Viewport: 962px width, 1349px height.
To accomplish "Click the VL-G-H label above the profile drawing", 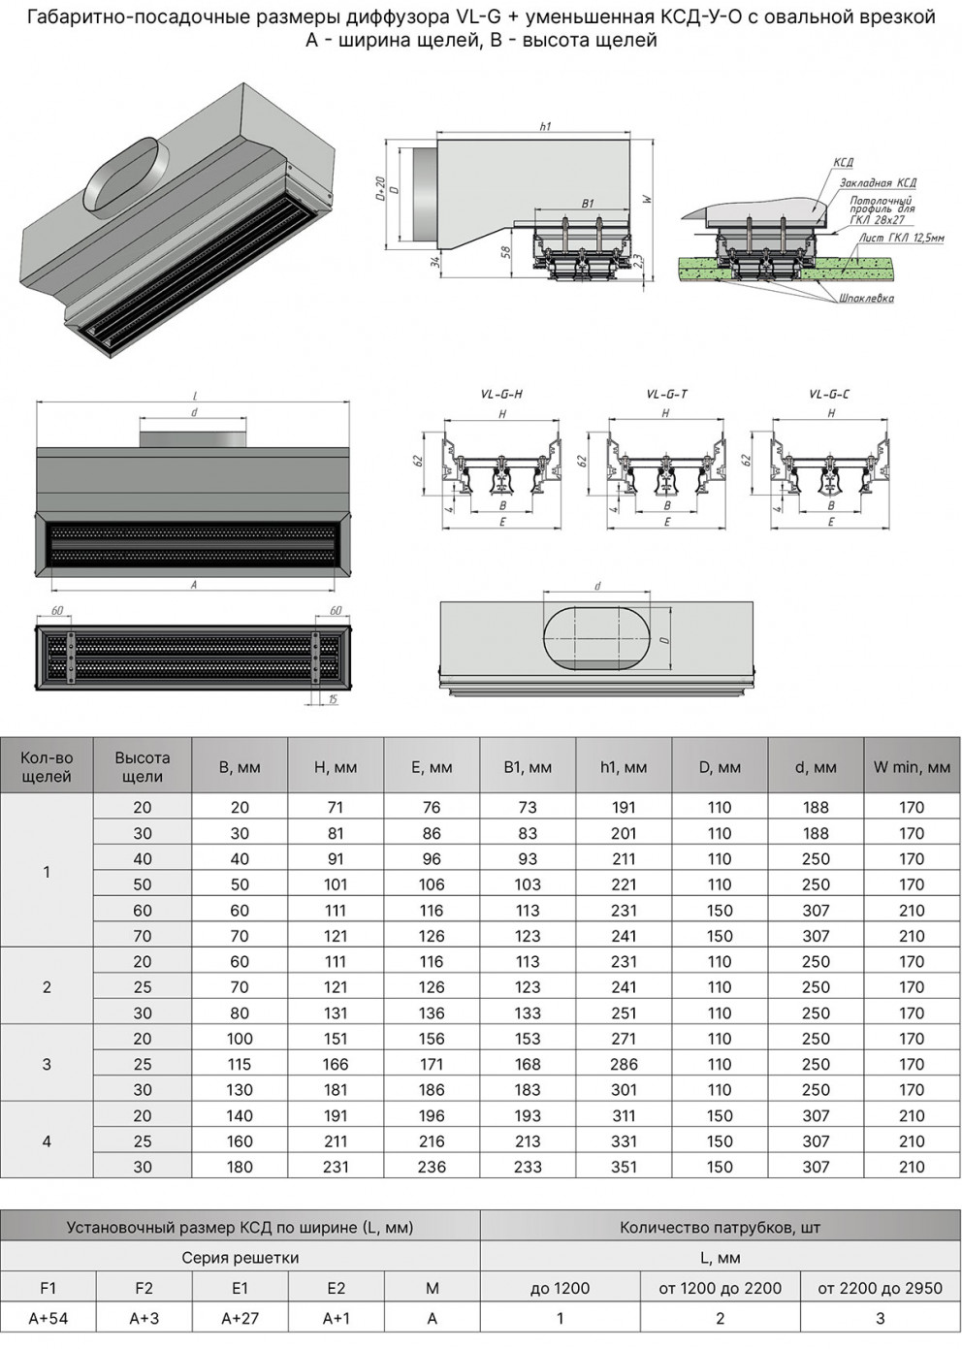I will (x=501, y=395).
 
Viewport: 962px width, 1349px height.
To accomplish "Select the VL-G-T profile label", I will (x=666, y=395).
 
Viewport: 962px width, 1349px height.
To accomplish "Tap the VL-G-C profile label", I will (x=829, y=395).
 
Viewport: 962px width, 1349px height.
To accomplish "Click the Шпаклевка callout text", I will (x=866, y=299).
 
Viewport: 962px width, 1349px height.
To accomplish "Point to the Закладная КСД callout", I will (x=878, y=183).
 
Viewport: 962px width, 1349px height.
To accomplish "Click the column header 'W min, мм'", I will (x=912, y=767).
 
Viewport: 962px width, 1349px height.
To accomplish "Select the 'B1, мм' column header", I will (x=528, y=767).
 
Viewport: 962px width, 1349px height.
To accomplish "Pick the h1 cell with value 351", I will (x=624, y=1167).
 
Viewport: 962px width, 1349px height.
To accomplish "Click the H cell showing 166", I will (x=336, y=1064).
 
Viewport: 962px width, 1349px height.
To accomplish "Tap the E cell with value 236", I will (x=432, y=1167).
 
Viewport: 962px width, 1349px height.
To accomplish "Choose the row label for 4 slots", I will (x=47, y=1140).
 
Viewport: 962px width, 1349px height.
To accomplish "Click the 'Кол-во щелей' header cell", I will (x=47, y=767).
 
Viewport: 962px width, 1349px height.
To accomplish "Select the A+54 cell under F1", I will (x=48, y=1318).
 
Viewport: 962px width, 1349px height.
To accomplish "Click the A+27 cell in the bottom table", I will (x=240, y=1318).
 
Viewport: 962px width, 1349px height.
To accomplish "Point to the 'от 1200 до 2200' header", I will (x=720, y=1288).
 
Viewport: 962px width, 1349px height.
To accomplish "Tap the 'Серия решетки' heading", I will (x=240, y=1258).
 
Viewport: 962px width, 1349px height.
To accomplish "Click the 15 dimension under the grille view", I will (x=333, y=699).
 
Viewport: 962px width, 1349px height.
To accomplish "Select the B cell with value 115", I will (x=240, y=1064).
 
